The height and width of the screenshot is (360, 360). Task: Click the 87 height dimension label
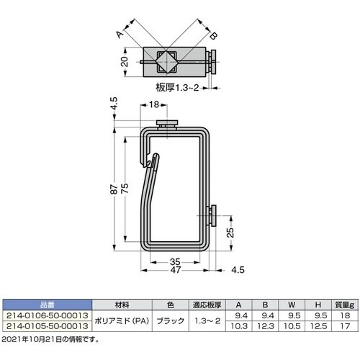tap(114, 189)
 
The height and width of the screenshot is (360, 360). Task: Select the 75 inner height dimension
tap(125, 189)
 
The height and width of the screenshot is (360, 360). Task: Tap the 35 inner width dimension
tap(175, 261)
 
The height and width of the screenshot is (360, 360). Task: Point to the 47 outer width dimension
tap(176, 270)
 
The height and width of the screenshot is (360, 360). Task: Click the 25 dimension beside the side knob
tap(230, 233)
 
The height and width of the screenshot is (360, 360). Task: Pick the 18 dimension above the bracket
tap(154, 104)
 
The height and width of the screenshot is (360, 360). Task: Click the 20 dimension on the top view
tap(125, 62)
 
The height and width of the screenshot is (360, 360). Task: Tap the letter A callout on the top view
tap(120, 35)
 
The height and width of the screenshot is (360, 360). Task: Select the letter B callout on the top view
tap(213, 36)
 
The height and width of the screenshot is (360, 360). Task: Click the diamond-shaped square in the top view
tap(167, 62)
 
